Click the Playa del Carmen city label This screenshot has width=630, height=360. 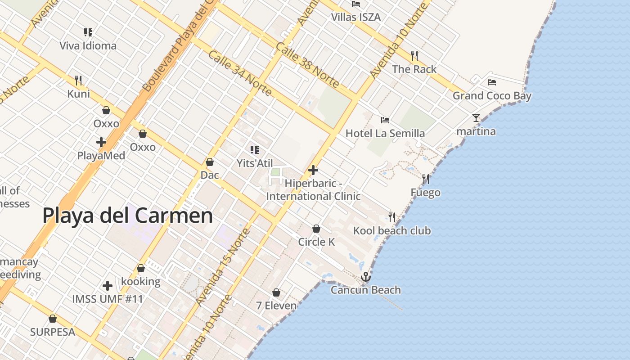tap(127, 216)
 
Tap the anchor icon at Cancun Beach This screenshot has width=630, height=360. tap(366, 277)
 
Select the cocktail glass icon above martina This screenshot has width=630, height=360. tap(476, 118)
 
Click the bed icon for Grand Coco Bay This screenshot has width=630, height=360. tap(492, 82)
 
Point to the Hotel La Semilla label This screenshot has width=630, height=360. tap(385, 133)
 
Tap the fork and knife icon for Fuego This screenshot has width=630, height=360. tap(426, 179)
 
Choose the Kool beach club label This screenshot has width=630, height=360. tap(391, 231)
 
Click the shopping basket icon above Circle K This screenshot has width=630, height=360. tap(316, 229)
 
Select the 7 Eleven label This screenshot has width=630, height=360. tap(276, 306)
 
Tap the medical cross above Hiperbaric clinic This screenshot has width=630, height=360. tap(313, 170)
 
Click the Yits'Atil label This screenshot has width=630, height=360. tap(255, 163)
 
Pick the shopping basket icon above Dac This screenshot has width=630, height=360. tap(210, 162)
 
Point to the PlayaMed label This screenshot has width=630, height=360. tap(101, 156)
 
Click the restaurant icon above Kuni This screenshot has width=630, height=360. tap(78, 81)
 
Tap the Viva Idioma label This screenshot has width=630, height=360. tap(88, 45)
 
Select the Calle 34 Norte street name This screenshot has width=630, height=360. tap(240, 73)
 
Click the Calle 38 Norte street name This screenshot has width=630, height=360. tap(308, 65)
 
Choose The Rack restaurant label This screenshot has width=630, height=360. tap(414, 69)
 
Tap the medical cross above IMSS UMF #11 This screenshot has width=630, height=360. tap(108, 286)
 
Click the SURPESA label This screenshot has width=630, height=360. tap(52, 332)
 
